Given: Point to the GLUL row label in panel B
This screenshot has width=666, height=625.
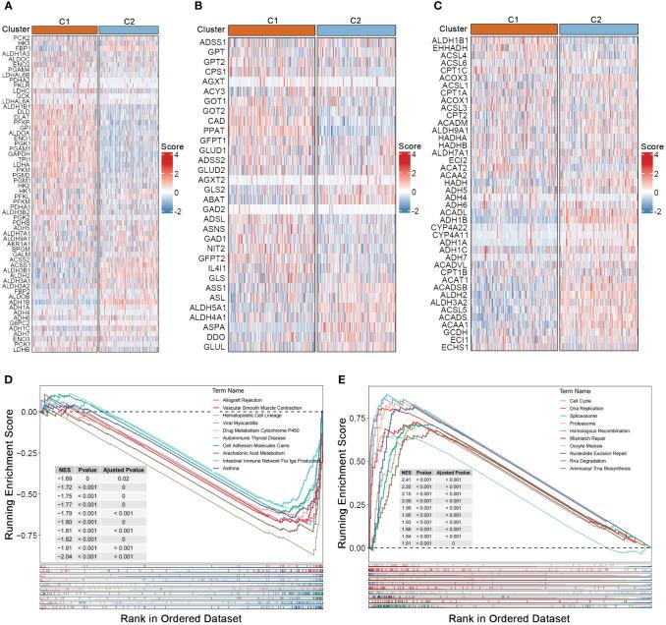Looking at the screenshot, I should click(243, 347).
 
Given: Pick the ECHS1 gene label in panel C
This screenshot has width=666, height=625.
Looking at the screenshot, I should click(467, 347).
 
